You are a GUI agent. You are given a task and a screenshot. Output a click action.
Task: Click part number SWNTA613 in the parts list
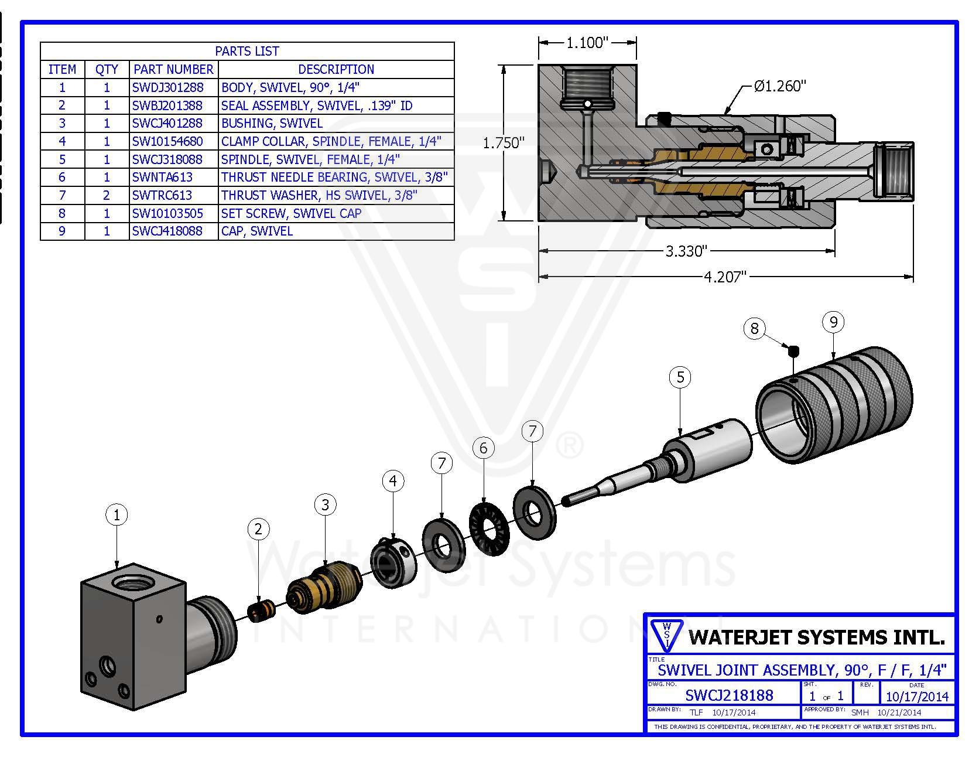pyautogui.click(x=162, y=177)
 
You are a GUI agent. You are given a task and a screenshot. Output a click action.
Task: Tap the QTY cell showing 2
pyautogui.click(x=107, y=195)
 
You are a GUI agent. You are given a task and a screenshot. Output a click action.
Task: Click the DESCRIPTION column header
pyautogui.click(x=336, y=69)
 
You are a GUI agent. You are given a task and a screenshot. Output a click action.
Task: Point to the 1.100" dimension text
pyautogui.click(x=587, y=43)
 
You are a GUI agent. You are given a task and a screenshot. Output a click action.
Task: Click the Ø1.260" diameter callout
pyautogui.click(x=780, y=86)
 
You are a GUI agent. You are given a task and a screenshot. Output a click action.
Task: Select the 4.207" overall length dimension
pyautogui.click(x=725, y=277)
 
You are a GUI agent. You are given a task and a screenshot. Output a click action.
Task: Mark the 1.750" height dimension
pyautogui.click(x=503, y=144)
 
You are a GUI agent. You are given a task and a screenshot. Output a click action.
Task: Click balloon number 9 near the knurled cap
pyautogui.click(x=833, y=322)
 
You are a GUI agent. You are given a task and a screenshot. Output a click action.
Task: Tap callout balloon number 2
pyautogui.click(x=258, y=530)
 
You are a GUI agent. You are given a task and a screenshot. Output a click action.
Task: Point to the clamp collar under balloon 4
pyautogui.click(x=393, y=564)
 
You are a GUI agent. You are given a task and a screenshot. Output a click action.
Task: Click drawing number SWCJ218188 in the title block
pyautogui.click(x=729, y=695)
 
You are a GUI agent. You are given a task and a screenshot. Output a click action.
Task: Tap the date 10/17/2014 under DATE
pyautogui.click(x=916, y=697)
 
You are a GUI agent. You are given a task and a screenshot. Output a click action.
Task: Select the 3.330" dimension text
pyautogui.click(x=686, y=251)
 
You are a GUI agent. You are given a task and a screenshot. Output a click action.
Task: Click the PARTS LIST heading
pyautogui.click(x=247, y=51)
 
